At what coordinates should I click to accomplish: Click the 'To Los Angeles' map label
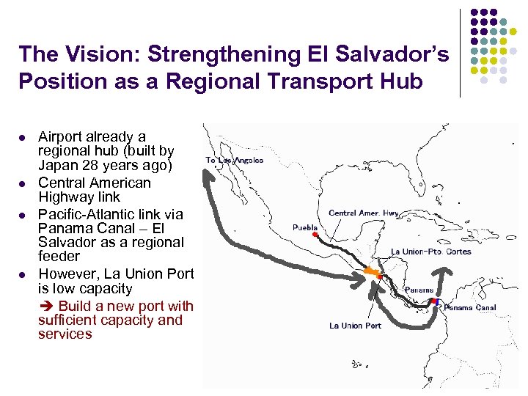point(234,160)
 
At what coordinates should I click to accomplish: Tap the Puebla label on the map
point(305,227)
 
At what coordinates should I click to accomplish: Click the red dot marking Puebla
point(315,235)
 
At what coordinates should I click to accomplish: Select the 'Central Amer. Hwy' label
point(364,213)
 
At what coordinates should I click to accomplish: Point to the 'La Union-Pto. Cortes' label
point(431,252)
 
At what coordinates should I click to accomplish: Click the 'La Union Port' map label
point(355,326)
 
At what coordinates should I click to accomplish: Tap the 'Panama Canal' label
point(470,308)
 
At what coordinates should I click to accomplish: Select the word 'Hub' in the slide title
point(402,81)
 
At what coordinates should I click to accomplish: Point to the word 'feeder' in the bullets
point(59,256)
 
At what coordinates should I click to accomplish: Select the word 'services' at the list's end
point(65,334)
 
